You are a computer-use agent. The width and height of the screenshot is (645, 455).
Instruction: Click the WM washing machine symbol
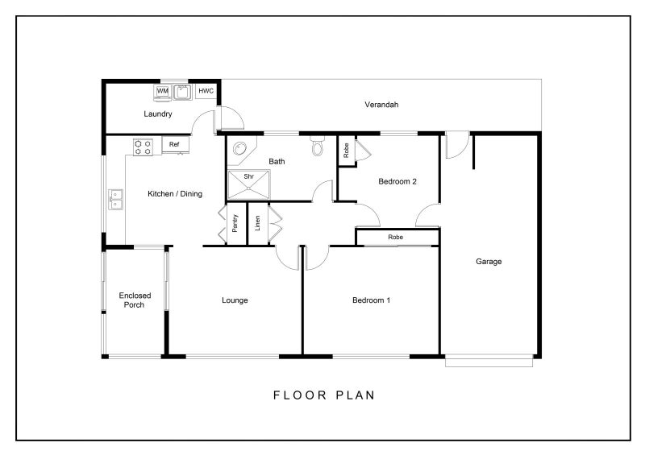coord(163,92)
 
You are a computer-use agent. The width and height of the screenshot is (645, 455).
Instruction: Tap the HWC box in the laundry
coord(206,91)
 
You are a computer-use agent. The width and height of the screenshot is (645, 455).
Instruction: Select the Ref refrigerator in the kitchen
coord(176,145)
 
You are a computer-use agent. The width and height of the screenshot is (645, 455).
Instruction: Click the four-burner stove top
coord(143,147)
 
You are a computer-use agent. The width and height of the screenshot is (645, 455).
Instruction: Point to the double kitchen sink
coord(115,200)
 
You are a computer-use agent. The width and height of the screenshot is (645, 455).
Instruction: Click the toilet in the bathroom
coord(317,146)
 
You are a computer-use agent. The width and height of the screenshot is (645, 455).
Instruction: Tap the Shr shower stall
coord(249,184)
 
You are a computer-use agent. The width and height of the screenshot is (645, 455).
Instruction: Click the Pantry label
coord(235,223)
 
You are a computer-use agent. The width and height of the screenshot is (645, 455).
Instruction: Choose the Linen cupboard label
coord(257,223)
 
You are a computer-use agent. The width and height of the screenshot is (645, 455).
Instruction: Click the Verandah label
coord(381,105)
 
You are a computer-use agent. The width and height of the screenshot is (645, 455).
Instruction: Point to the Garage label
coord(489,262)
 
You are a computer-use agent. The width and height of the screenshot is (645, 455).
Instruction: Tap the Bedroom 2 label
coord(397,181)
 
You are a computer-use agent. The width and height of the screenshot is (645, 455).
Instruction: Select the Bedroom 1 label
coord(371,300)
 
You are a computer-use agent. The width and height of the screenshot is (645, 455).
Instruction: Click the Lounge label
coord(235,300)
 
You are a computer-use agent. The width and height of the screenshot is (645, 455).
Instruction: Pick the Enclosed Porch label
coord(135,300)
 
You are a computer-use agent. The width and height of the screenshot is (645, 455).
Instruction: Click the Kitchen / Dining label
coord(175,193)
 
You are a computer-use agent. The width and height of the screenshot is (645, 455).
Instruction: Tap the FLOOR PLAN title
coord(324,395)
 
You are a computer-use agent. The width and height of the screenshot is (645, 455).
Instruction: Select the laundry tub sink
coord(182,92)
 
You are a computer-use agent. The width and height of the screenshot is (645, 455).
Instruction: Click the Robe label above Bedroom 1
coord(395,237)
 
